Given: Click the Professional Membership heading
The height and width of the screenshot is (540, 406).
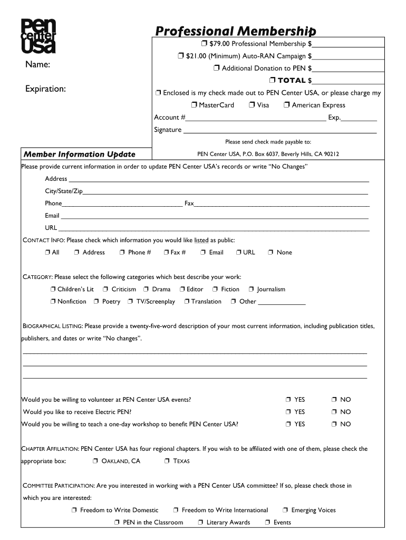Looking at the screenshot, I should pyautogui.click(x=235, y=31).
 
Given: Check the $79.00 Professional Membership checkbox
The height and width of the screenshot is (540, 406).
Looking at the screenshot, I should pyautogui.click(x=203, y=43).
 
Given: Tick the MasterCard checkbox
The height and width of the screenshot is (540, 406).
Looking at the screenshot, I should pyautogui.click(x=194, y=105).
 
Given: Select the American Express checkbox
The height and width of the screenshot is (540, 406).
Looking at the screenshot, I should pyautogui.click(x=286, y=105).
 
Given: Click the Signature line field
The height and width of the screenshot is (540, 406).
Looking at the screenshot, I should pyautogui.click(x=279, y=130).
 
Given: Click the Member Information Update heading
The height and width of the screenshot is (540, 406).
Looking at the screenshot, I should pyautogui.click(x=79, y=154).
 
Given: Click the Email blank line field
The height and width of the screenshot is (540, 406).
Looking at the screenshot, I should pyautogui.click(x=215, y=216).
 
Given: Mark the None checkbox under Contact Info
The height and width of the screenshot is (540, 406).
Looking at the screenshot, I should pyautogui.click(x=270, y=253).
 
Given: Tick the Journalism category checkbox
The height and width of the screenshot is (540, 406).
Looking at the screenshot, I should pyautogui.click(x=252, y=290).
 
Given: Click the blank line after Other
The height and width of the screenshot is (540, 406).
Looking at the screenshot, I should pyautogui.click(x=282, y=302).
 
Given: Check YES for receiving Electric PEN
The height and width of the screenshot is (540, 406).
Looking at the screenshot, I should pyautogui.click(x=288, y=412).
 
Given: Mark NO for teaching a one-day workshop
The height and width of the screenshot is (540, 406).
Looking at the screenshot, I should pyautogui.click(x=334, y=424).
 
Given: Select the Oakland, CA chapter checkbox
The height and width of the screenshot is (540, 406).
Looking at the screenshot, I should pyautogui.click(x=95, y=461).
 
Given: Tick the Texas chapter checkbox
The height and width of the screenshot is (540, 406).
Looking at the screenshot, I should pyautogui.click(x=167, y=461).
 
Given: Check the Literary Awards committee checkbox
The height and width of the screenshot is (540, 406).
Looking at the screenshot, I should pyautogui.click(x=201, y=523).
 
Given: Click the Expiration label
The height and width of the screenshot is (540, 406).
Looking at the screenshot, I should pyautogui.click(x=45, y=89).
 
